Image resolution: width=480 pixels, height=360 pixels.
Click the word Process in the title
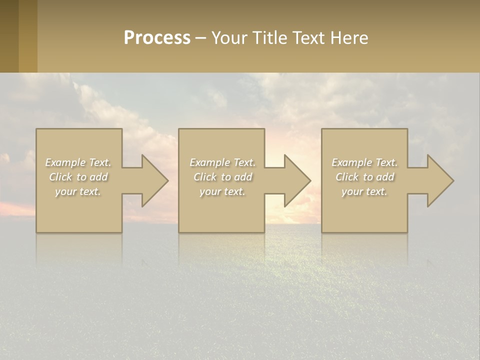pyautogui.click(x=157, y=38)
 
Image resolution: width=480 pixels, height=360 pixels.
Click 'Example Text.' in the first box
pyautogui.click(x=78, y=162)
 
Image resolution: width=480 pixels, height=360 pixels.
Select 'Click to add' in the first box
pyautogui.click(x=78, y=177)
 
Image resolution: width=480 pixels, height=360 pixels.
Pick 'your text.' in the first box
pyautogui.click(x=78, y=191)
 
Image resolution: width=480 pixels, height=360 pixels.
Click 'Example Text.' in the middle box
pyautogui.click(x=222, y=162)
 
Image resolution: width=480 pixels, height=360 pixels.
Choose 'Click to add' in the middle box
pyautogui.click(x=222, y=177)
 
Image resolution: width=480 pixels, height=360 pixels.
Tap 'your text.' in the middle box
pyautogui.click(x=222, y=191)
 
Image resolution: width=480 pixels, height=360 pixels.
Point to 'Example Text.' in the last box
pyautogui.click(x=364, y=162)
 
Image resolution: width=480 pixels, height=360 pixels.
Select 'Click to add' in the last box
pyautogui.click(x=364, y=177)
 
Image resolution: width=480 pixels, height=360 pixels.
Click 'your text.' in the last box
pyautogui.click(x=364, y=191)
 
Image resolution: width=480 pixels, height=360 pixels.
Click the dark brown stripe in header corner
pyautogui.click(x=9, y=36)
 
